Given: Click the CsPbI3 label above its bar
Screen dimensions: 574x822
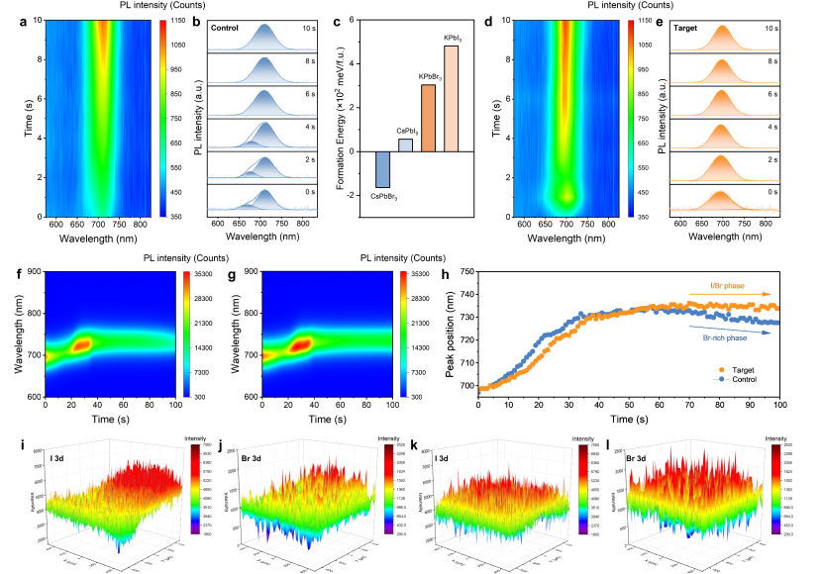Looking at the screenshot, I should [405, 130].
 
